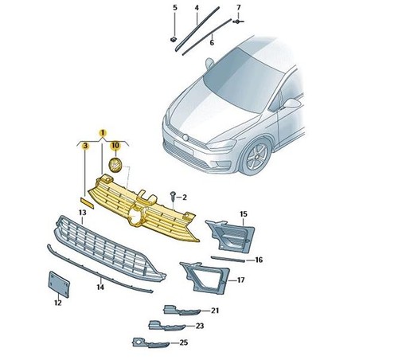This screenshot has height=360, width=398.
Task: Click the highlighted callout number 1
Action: [103, 132]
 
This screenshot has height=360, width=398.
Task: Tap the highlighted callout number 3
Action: [85, 146]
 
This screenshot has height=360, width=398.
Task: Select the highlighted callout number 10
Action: [115, 146]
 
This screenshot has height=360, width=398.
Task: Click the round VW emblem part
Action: [115, 165]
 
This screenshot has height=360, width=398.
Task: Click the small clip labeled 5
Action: [174, 40]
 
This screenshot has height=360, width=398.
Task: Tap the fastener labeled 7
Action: [238, 22]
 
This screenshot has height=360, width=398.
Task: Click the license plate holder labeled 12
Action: [59, 284]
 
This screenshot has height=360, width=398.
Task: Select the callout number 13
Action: [83, 213]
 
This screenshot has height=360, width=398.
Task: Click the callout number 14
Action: [100, 287]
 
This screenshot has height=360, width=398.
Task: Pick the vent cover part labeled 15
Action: [231, 236]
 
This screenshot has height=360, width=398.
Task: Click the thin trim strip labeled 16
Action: [228, 259]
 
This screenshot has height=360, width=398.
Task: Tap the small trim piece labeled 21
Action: [181, 310]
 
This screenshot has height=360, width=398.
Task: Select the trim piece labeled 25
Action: [150, 342]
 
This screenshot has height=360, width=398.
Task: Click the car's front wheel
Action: [256, 157]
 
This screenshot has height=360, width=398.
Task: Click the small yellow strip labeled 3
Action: [87, 202]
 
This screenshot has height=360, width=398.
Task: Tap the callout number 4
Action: [197, 8]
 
